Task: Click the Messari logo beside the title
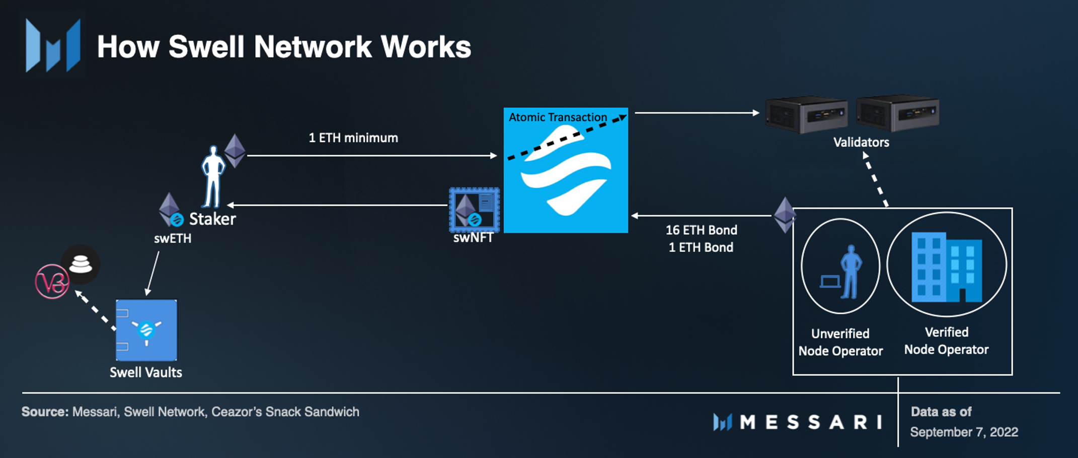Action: (x=53, y=45)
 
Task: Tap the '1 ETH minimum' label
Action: (x=353, y=138)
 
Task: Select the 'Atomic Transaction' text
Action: (x=558, y=117)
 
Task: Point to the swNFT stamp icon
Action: (x=474, y=210)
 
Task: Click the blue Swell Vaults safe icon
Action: (x=146, y=330)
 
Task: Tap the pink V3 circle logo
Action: (x=52, y=282)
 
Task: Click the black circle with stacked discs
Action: (x=81, y=264)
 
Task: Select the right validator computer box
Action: (x=897, y=113)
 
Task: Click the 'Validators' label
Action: (x=861, y=143)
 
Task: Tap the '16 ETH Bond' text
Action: (x=702, y=230)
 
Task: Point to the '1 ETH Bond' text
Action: (x=701, y=247)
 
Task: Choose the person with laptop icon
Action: (x=841, y=272)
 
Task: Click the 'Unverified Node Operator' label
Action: (x=840, y=342)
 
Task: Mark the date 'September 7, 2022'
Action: (x=964, y=432)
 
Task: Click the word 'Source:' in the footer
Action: (x=45, y=412)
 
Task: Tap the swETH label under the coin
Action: (x=173, y=238)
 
